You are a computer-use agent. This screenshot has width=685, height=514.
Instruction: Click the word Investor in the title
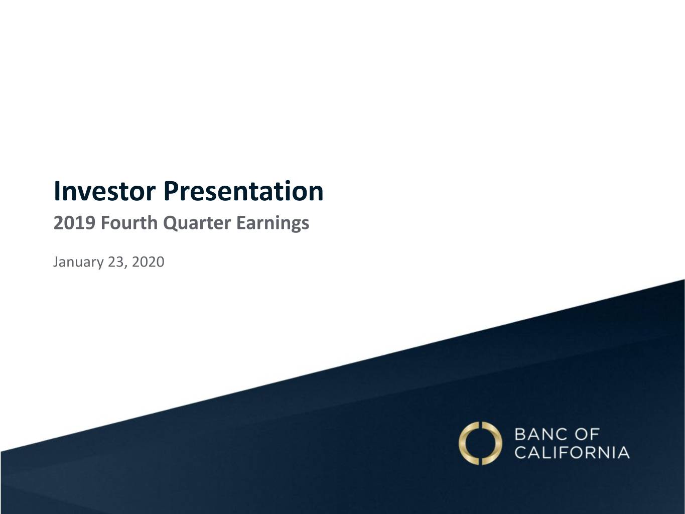pyautogui.click(x=104, y=191)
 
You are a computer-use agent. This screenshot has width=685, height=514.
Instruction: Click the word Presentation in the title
pyautogui.click(x=243, y=191)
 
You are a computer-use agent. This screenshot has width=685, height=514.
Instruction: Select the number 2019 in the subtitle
pyautogui.click(x=74, y=223)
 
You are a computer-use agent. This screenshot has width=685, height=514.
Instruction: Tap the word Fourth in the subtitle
pyautogui.click(x=129, y=223)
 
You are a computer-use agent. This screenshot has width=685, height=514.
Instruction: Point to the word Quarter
pyautogui.click(x=197, y=223)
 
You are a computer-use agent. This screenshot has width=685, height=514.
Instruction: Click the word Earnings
pyautogui.click(x=273, y=223)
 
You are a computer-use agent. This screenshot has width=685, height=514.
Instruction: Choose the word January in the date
pyautogui.click(x=78, y=262)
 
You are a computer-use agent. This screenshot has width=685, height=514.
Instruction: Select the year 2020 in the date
pyautogui.click(x=148, y=262)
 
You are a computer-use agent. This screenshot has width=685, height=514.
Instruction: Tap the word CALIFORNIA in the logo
pyautogui.click(x=572, y=452)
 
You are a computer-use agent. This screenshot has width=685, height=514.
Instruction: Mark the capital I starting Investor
pyautogui.click(x=56, y=191)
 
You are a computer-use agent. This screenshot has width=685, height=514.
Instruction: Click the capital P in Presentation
pyautogui.click(x=172, y=191)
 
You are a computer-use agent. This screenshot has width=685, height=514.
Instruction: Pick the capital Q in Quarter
pyautogui.click(x=171, y=223)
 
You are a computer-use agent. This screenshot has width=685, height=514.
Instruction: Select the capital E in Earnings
pyautogui.click(x=241, y=223)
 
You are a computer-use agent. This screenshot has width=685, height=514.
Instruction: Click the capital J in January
pyautogui.click(x=56, y=262)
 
